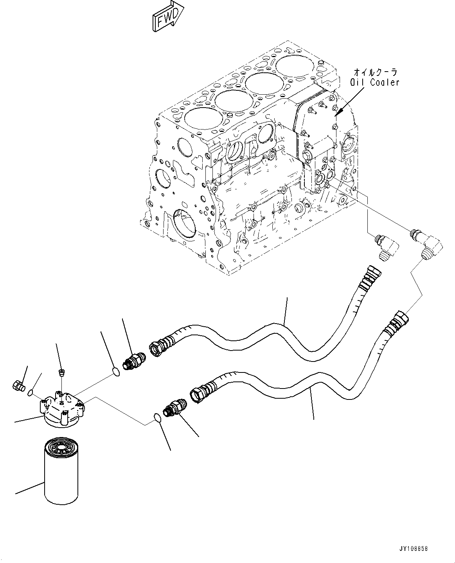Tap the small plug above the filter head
pyautogui.click(x=61, y=372)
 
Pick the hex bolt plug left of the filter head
pyautogui.click(x=18, y=386)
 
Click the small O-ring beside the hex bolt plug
pyautogui.click(x=31, y=392)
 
